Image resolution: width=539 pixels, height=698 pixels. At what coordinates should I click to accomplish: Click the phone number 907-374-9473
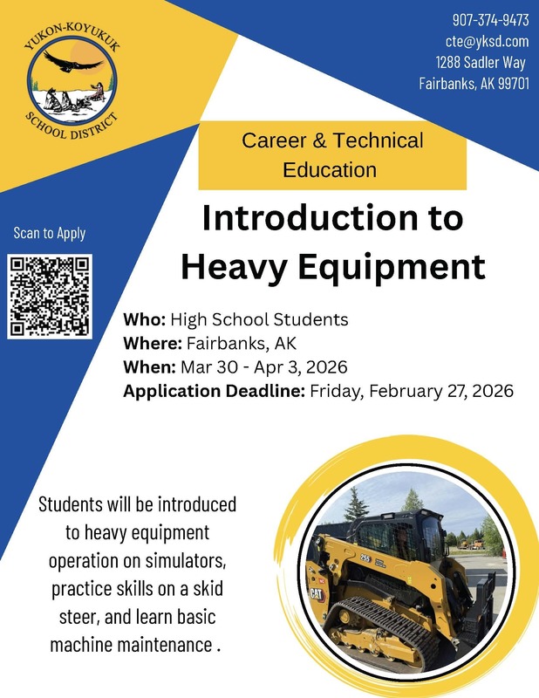(x=490, y=20)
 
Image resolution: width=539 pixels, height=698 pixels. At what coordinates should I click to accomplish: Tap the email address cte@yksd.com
(x=487, y=41)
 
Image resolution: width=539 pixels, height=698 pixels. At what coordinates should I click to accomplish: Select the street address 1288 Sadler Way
(x=481, y=62)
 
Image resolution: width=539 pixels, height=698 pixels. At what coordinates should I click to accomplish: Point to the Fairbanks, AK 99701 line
(x=474, y=84)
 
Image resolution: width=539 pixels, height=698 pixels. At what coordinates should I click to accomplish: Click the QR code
(x=50, y=296)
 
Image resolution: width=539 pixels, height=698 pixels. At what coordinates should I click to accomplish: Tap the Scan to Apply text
(x=50, y=233)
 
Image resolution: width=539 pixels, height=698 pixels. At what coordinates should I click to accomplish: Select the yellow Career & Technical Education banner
(x=331, y=154)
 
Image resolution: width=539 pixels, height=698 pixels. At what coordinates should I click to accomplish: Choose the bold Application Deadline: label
(x=215, y=391)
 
